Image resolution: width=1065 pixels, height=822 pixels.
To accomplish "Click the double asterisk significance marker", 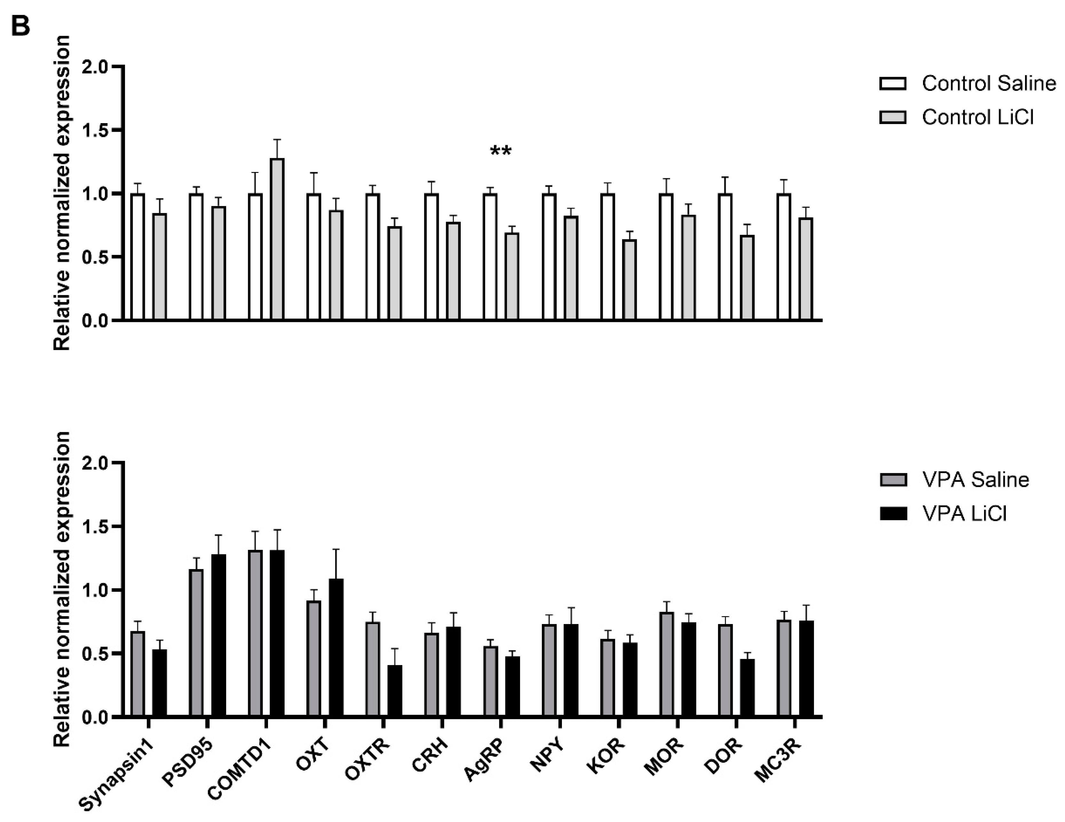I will tap(501, 152).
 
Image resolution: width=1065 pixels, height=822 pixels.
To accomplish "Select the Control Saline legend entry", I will tap(967, 83).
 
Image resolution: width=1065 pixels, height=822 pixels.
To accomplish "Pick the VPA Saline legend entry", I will tap(954, 480).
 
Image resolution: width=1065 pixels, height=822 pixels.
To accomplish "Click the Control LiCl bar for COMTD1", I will tap(278, 239).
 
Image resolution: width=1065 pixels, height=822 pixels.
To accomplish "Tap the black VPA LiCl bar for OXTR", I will tap(395, 691).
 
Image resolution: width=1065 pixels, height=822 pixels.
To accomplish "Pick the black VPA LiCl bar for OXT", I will tap(336, 647).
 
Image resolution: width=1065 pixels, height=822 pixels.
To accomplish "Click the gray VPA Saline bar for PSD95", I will tap(196, 643).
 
